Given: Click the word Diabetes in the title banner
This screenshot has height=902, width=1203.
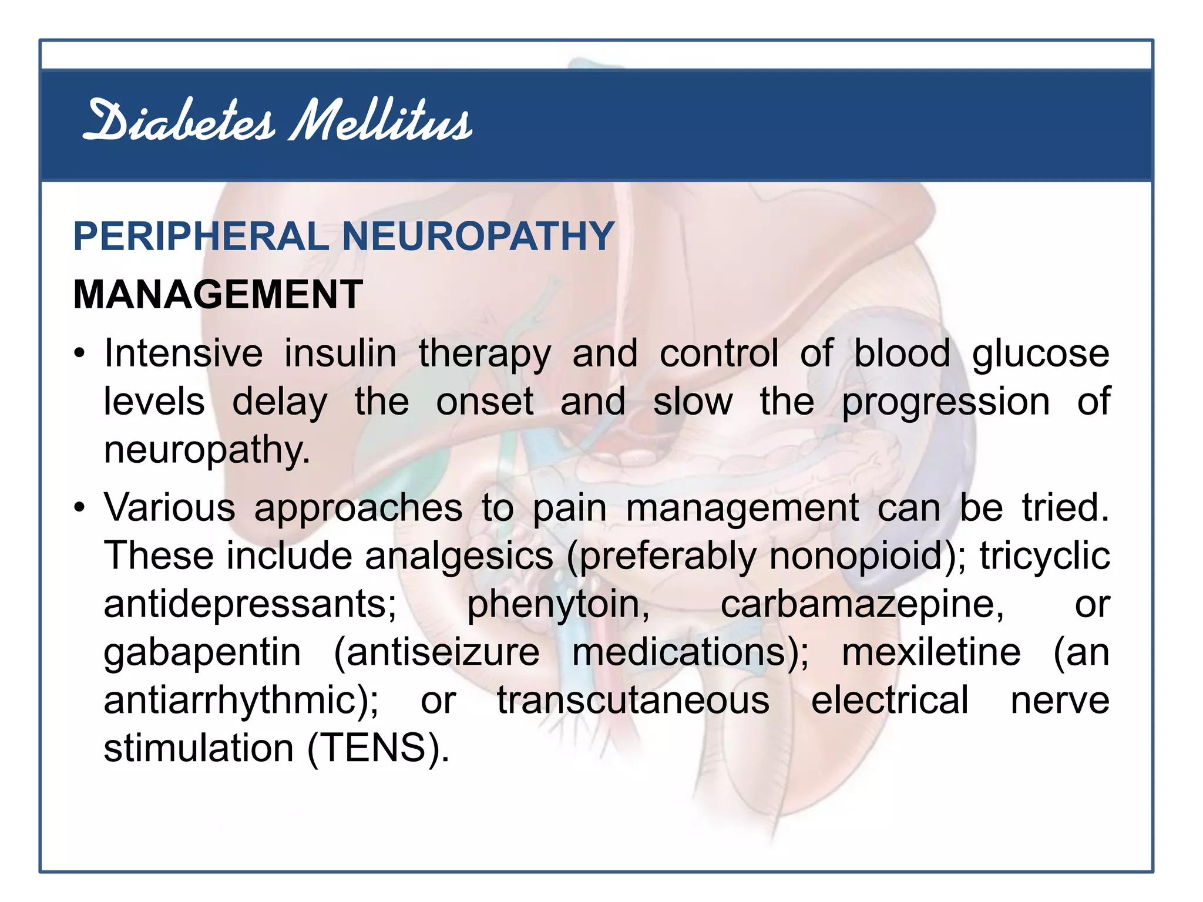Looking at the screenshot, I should (x=179, y=122).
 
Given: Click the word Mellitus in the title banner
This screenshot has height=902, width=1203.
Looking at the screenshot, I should (x=381, y=122).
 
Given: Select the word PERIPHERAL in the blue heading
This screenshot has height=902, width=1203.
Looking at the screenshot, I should (x=200, y=237).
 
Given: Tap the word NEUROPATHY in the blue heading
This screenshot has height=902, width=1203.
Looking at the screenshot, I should (x=478, y=237).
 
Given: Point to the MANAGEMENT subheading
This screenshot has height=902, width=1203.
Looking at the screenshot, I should (x=218, y=294).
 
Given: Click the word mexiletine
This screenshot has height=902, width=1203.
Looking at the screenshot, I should (x=931, y=653).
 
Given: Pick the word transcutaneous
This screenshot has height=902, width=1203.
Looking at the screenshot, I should (x=633, y=701).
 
